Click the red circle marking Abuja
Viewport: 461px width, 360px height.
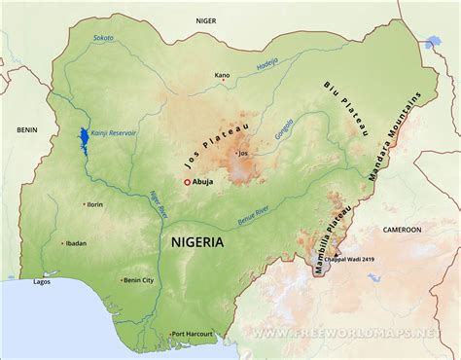point(187,182)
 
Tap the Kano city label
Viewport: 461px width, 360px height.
point(223,75)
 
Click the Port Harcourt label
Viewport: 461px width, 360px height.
point(191,335)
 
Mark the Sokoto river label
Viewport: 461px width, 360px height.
point(103,39)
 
